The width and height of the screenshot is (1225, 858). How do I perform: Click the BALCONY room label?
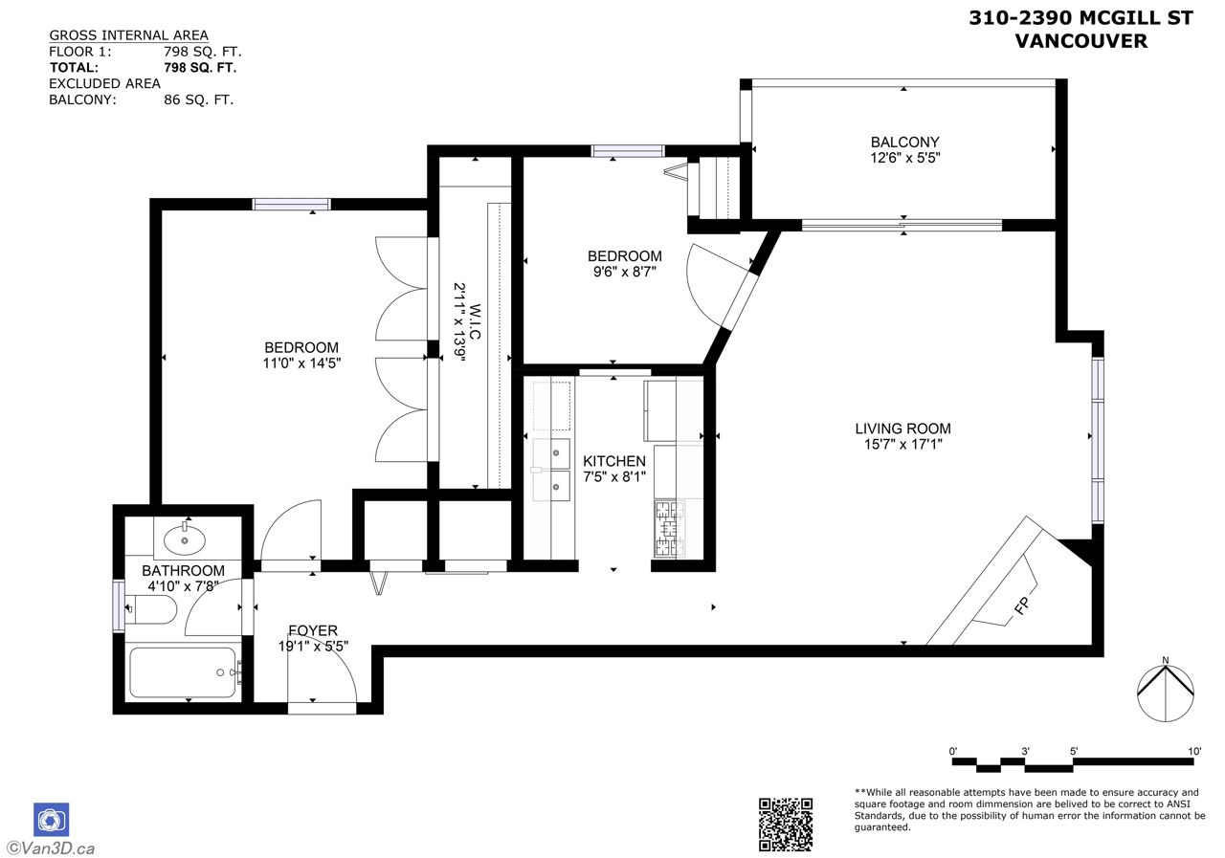pyautogui.click(x=904, y=143)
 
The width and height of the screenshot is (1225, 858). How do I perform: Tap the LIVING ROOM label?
pyautogui.click(x=902, y=429)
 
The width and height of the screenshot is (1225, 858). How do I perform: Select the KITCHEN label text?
pyautogui.click(x=614, y=461)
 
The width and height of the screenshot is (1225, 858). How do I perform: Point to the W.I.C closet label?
pyautogui.click(x=475, y=322)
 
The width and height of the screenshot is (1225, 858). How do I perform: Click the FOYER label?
pyautogui.click(x=313, y=630)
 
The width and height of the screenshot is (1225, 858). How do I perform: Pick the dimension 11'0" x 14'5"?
pyautogui.click(x=301, y=363)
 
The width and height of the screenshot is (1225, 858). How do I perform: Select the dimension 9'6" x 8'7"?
pyautogui.click(x=625, y=271)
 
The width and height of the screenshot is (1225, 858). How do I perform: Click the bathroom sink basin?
pyautogui.click(x=185, y=539)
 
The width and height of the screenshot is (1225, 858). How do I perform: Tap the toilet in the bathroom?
pyautogui.click(x=151, y=609)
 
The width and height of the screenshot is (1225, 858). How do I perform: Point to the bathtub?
pyautogui.click(x=183, y=672)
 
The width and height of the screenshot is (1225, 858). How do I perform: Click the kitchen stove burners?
pyautogui.click(x=669, y=528)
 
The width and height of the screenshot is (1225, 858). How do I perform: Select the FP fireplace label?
pyautogui.click(x=1021, y=605)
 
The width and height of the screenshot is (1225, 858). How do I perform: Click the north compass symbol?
pyautogui.click(x=1166, y=693)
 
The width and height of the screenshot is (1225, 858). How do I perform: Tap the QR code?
pyautogui.click(x=786, y=825)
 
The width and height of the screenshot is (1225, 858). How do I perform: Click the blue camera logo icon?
pyautogui.click(x=52, y=820)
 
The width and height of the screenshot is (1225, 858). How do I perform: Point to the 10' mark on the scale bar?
pyautogui.click(x=1194, y=751)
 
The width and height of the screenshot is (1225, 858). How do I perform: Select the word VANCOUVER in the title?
pyautogui.click(x=1081, y=41)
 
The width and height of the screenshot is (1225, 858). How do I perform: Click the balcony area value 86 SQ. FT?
pyautogui.click(x=198, y=100)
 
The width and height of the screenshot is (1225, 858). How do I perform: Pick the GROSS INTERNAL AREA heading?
pyautogui.click(x=128, y=35)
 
